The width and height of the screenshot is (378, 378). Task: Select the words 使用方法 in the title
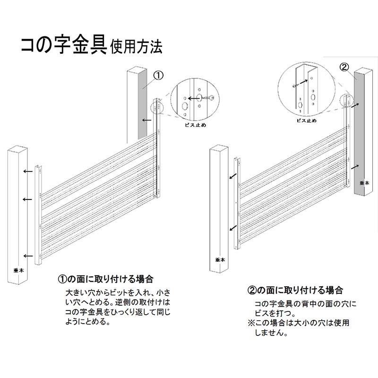click(137, 47)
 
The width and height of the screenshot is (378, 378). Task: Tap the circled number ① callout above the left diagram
click(158, 75)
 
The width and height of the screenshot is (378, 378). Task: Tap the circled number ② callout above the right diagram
click(344, 66)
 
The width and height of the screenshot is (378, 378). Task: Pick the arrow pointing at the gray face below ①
click(147, 120)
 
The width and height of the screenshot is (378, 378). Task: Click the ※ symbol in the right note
click(251, 323)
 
